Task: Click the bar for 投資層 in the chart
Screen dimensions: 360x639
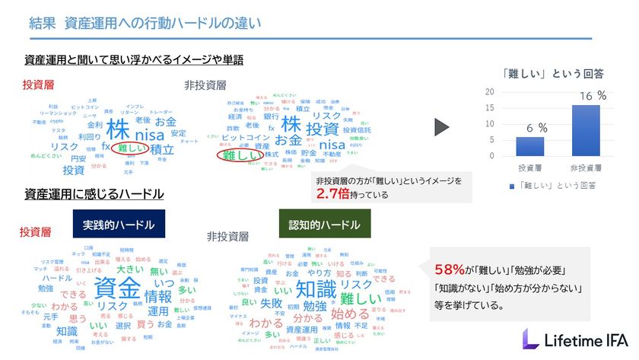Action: (x=529, y=146)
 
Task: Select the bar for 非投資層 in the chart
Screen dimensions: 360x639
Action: (x=580, y=130)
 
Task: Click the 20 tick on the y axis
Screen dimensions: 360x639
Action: (x=490, y=91)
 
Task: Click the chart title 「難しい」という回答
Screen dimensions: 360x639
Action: (x=553, y=73)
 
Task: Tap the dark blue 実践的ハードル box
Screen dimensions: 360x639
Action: (x=119, y=225)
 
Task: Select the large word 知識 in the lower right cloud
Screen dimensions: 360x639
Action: (x=315, y=288)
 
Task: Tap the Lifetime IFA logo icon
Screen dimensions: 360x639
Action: (x=532, y=339)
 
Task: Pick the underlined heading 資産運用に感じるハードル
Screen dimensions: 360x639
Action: (x=94, y=195)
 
